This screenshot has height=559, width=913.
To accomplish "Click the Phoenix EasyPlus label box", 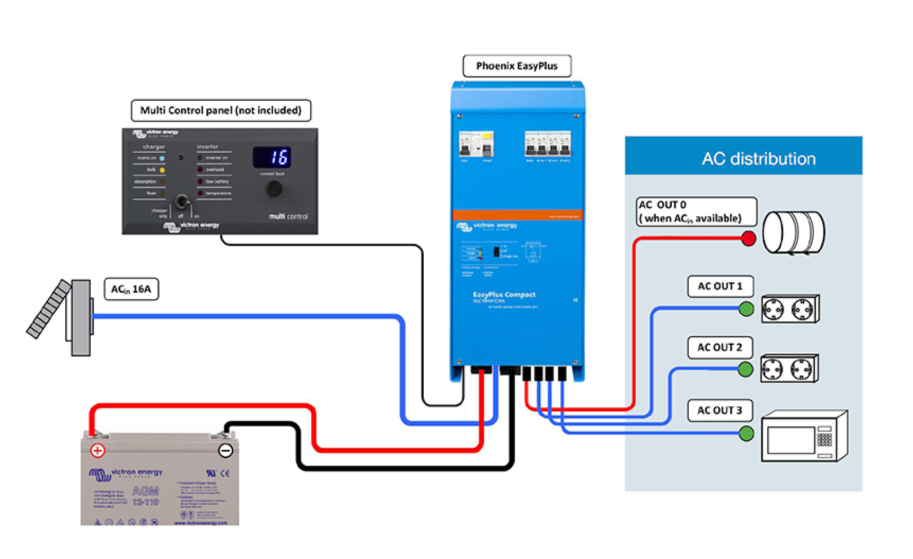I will pyautogui.click(x=517, y=66).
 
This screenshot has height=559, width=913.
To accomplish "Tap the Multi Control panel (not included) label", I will pyautogui.click(x=221, y=110).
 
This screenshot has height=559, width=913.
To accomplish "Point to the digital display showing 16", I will pyautogui.click(x=273, y=158).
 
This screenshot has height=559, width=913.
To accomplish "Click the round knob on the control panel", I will pyautogui.click(x=274, y=189).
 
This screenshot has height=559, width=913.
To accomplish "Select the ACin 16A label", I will pyautogui.click(x=131, y=290).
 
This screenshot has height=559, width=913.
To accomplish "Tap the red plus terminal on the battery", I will pyautogui.click(x=98, y=451).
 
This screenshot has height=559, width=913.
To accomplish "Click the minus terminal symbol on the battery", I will pyautogui.click(x=225, y=451).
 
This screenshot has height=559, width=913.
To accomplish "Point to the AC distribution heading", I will pyautogui.click(x=758, y=159).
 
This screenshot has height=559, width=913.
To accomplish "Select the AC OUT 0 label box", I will pyautogui.click(x=696, y=212).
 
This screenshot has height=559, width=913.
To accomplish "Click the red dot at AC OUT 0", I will pyautogui.click(x=749, y=239).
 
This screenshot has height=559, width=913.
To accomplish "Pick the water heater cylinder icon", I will pyautogui.click(x=793, y=232).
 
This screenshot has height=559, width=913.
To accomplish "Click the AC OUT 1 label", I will pyautogui.click(x=720, y=286).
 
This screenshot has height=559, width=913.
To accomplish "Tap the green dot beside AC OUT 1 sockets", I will pyautogui.click(x=746, y=309).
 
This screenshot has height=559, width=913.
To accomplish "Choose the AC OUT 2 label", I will pyautogui.click(x=719, y=348).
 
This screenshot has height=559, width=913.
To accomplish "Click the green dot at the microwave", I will pyautogui.click(x=746, y=434).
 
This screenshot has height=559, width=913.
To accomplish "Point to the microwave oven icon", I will pyautogui.click(x=804, y=436).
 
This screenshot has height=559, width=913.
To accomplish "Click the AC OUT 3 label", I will pyautogui.click(x=719, y=410).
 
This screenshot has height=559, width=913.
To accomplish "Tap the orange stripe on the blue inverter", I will pyautogui.click(x=517, y=215).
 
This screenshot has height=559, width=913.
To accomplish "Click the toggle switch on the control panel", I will pyautogui.click(x=181, y=202).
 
